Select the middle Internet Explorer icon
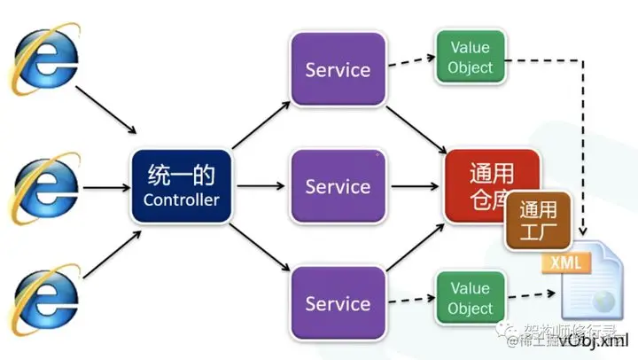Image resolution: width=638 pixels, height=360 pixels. pyautogui.click(x=43, y=184)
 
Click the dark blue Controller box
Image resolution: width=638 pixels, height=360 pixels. pyautogui.click(x=181, y=185)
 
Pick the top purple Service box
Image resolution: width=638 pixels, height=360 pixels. pyautogui.click(x=338, y=70)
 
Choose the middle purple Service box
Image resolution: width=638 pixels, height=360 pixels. pyautogui.click(x=338, y=186)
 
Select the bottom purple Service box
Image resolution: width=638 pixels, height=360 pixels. pyautogui.click(x=338, y=303)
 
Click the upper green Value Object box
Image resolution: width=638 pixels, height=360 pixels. pyautogui.click(x=470, y=57)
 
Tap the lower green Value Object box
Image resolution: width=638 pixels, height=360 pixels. pyautogui.click(x=470, y=298)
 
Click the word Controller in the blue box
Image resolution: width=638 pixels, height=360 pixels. pyautogui.click(x=181, y=200)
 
